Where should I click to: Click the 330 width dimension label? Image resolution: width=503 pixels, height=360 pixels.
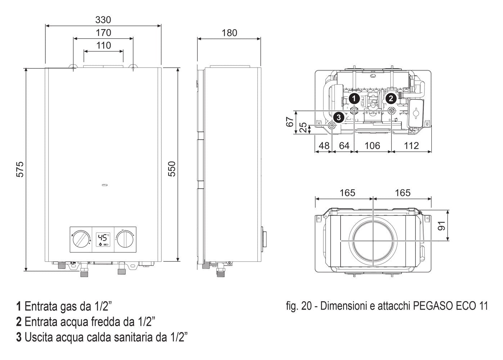click(x=103, y=19)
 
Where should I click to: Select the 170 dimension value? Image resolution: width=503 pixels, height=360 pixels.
click(x=103, y=33)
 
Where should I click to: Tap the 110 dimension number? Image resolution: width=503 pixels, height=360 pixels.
click(x=104, y=46)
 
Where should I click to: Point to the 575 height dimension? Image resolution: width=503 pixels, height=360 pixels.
click(x=21, y=169)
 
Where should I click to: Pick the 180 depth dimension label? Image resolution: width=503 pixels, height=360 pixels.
click(x=229, y=33)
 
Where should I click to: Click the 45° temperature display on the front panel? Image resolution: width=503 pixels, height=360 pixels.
click(x=103, y=238)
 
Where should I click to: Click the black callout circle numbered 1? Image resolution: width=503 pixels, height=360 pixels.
click(x=354, y=98)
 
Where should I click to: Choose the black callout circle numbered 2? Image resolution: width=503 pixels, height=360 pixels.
click(x=391, y=98)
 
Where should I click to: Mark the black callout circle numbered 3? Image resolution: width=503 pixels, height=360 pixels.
click(x=338, y=117)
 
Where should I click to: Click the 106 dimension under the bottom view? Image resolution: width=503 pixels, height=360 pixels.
click(x=372, y=146)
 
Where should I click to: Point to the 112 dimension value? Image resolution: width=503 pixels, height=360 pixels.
click(x=411, y=146)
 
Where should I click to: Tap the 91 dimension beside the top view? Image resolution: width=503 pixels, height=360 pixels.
click(x=442, y=226)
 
